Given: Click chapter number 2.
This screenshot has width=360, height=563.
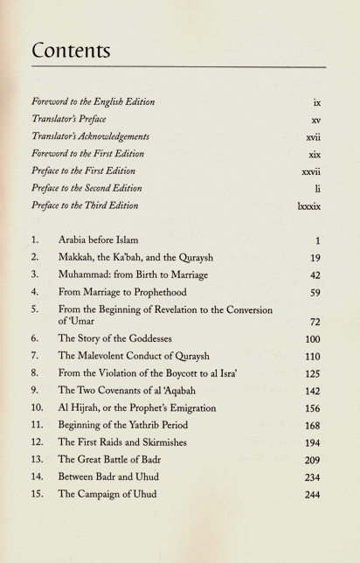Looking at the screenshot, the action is pyautogui.click(x=34, y=259).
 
